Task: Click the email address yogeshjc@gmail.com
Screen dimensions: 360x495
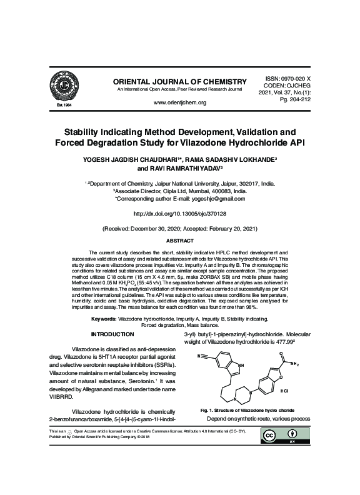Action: [x=206, y=198]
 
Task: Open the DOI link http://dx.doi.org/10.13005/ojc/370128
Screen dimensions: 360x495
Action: [x=179, y=213]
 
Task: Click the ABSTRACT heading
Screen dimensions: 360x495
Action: [x=180, y=241]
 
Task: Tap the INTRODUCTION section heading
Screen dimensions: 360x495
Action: [x=112, y=335]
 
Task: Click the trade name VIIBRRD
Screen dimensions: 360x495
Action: [x=61, y=396]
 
